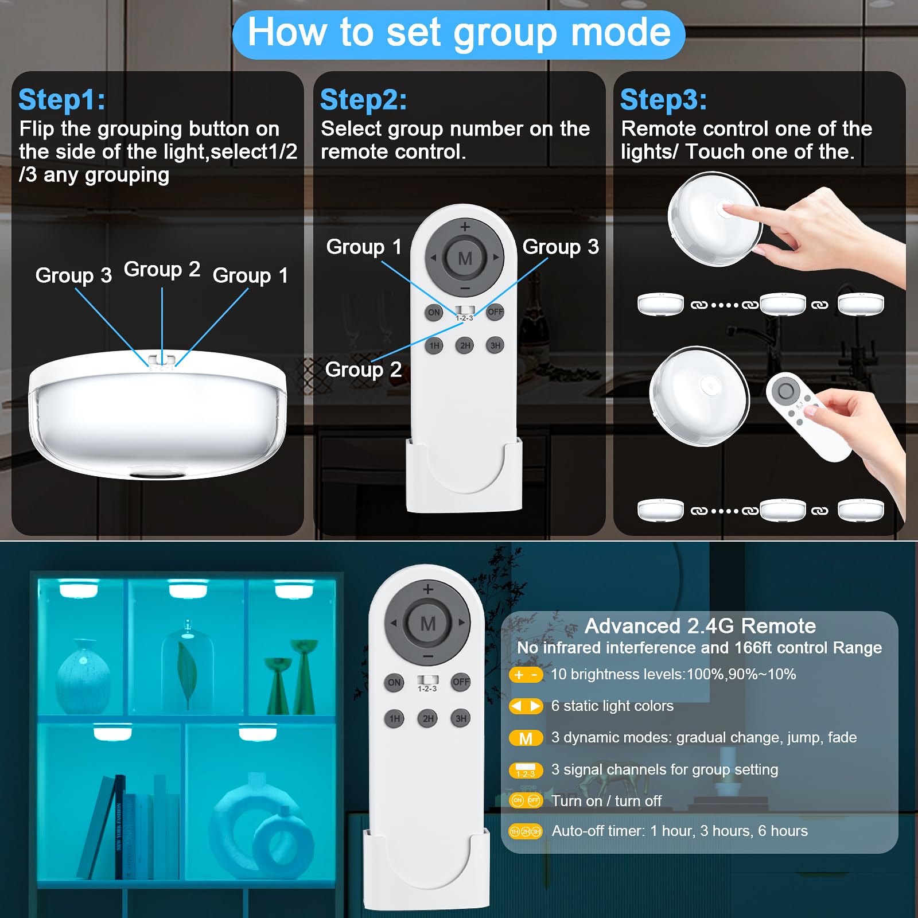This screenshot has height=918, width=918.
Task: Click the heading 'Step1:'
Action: pyautogui.click(x=62, y=100)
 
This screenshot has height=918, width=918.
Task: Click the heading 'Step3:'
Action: pyautogui.click(x=664, y=100)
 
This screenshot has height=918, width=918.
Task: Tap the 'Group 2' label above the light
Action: pyautogui.click(x=162, y=269)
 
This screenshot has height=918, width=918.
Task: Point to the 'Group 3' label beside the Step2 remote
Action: pyautogui.click(x=561, y=247)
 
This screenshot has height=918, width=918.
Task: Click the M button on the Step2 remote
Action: pyautogui.click(x=465, y=258)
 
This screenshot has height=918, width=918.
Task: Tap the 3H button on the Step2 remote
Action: pyautogui.click(x=495, y=345)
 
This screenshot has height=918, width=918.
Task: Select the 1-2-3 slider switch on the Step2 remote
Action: pyautogui.click(x=464, y=310)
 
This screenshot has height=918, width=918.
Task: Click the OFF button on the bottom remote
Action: pyautogui.click(x=461, y=682)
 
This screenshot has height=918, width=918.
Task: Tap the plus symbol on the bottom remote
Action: pyautogui.click(x=428, y=589)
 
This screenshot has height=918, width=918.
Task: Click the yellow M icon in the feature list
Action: pyautogui.click(x=526, y=738)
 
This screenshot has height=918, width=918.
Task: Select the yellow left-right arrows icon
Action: pyautogui.click(x=526, y=706)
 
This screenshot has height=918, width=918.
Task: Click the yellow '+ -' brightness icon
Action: pyautogui.click(x=526, y=675)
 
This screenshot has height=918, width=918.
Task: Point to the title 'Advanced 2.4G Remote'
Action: pyautogui.click(x=700, y=626)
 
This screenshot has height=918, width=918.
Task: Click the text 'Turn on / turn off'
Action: pyautogui.click(x=606, y=801)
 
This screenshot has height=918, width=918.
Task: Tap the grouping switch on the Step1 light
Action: pyautogui.click(x=162, y=360)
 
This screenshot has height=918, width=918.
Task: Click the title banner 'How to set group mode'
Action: pyautogui.click(x=459, y=33)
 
